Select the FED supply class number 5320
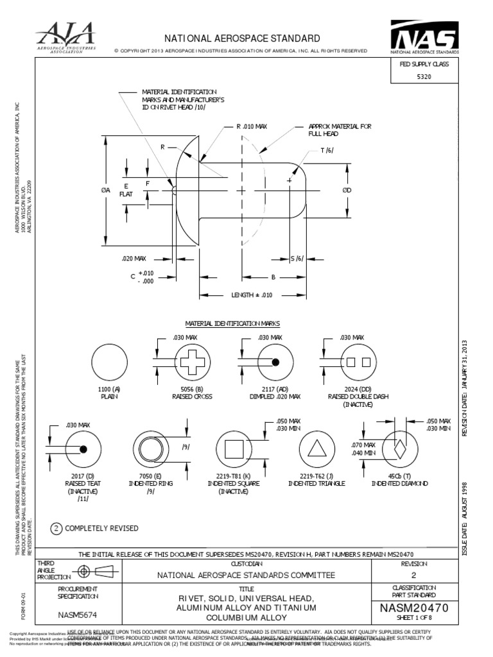pos(424,76)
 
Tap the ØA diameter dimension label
pos(105,190)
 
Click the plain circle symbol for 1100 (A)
pos(110,362)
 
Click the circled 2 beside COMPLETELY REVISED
pos(56,528)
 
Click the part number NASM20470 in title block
pos(414,608)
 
